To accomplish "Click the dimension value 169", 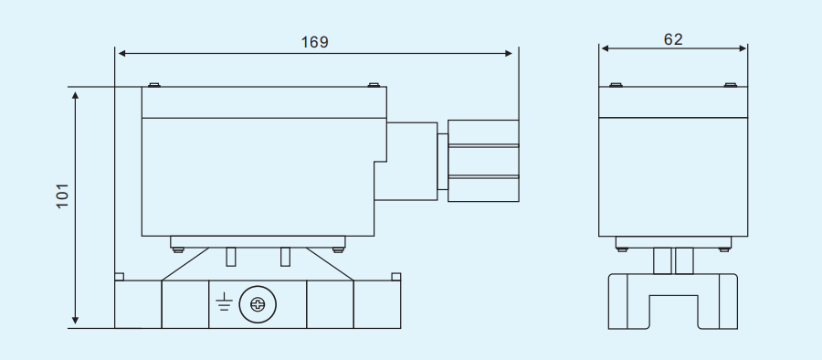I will click(314, 41).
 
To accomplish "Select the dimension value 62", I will click(673, 38).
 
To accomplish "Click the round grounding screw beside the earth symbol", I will click(257, 303).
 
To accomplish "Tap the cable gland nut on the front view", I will click(484, 160).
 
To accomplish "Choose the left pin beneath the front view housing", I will click(230, 257).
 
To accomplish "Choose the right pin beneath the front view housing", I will click(285, 257).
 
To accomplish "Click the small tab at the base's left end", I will click(119, 276).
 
